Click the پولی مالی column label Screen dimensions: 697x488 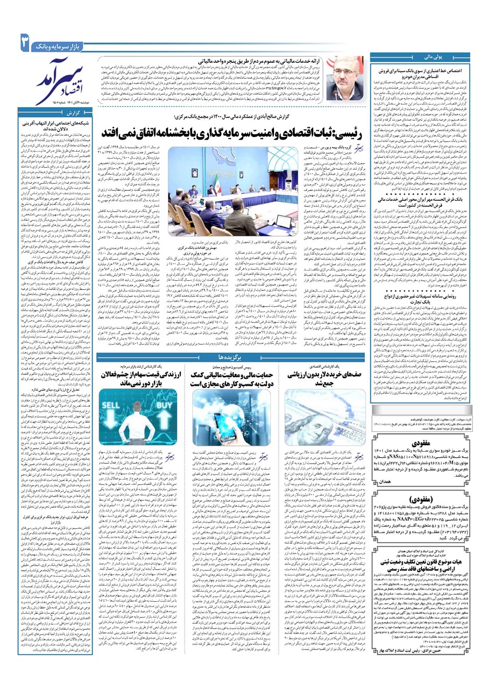(x=418, y=54)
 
